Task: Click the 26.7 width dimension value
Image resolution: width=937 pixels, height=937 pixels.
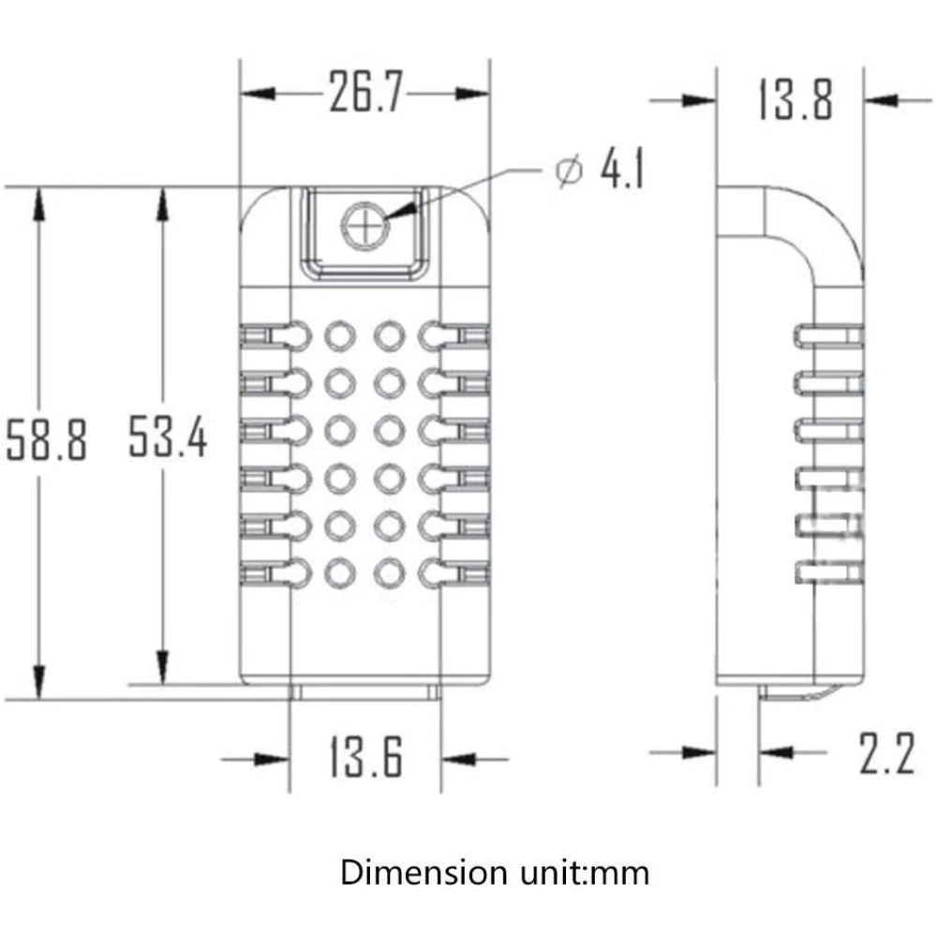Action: click(365, 94)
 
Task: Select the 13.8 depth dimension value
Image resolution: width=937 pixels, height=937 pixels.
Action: click(795, 99)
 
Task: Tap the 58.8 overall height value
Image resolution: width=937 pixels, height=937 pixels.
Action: click(47, 439)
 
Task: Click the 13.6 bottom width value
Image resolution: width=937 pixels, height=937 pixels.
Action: click(365, 757)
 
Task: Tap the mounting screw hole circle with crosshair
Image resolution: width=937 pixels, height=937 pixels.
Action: click(364, 227)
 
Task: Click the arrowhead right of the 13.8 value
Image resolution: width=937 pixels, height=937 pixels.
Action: click(881, 99)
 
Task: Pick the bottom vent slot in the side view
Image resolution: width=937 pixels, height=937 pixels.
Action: click(828, 570)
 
